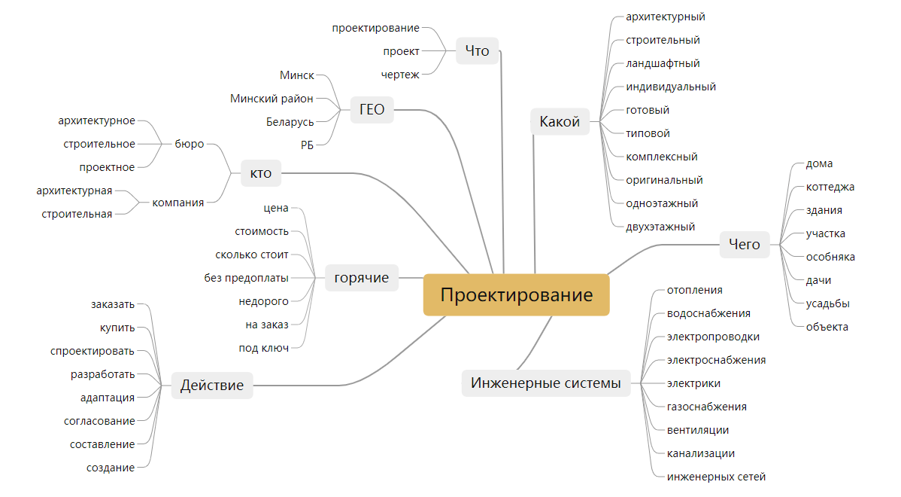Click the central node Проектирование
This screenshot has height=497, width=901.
coord(516,294)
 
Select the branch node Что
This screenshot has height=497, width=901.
coord(477,50)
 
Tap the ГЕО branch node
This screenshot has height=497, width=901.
coord(372,109)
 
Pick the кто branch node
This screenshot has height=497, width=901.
coord(260,175)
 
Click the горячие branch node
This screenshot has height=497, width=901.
coord(361,278)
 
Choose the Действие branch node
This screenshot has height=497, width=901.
coord(212,385)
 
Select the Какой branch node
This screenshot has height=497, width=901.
coord(560,121)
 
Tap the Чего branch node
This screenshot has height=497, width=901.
coord(745,244)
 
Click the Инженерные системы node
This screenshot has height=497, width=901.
coord(545,383)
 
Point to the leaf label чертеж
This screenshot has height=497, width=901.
coord(400,75)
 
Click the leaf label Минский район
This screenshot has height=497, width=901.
coord(272,98)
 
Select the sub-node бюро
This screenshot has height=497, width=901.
coord(189,144)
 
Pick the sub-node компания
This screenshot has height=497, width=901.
coord(177,202)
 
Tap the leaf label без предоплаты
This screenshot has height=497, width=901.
coord(246,278)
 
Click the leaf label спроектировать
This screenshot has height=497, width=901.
coord(93,351)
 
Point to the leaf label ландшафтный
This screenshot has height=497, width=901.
coord(663,63)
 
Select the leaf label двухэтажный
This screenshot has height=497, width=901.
coord(660,227)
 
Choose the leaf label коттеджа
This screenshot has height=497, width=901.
coord(830,187)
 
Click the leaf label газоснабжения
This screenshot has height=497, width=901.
coord(706,407)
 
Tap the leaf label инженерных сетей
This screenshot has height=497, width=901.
coord(716,477)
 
